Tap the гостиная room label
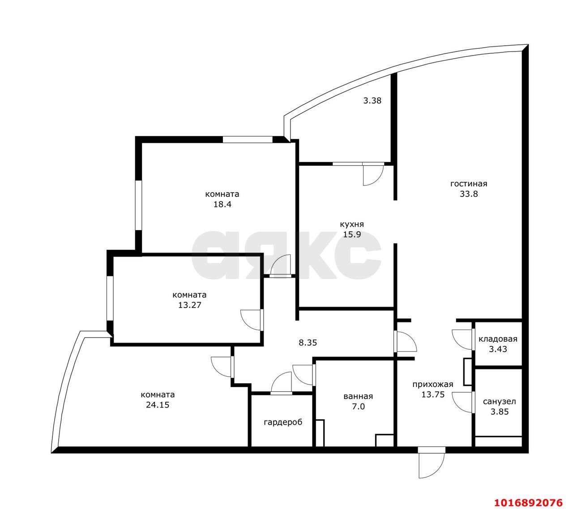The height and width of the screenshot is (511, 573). tap(468, 184)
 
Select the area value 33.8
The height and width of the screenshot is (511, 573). tap(468, 194)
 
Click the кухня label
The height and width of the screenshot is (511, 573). tap(351, 224)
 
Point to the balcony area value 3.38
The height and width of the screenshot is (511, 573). tap(372, 101)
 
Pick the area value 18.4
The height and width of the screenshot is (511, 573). tap(222, 205)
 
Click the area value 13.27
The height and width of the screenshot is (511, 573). tap(189, 305)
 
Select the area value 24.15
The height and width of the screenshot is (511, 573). tap(158, 405)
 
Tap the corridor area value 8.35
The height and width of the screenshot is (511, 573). tap(308, 343)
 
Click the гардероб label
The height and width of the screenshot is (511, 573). tap(283, 422)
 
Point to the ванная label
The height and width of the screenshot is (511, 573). tap(358, 396)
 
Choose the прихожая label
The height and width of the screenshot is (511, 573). tap(432, 384)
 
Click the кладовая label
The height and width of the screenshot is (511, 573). tap(498, 339)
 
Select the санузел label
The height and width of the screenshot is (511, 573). tap(499, 402)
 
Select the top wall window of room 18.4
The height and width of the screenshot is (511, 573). tap(248, 139)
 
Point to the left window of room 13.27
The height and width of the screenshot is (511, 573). tap(109, 298)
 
